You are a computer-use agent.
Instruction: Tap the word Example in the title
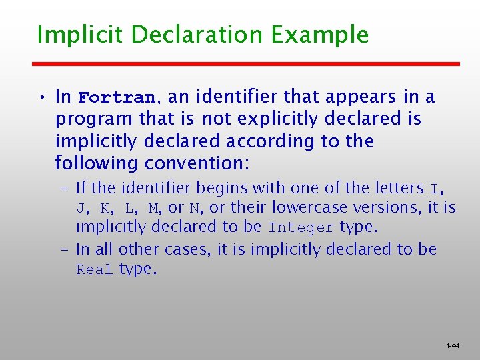(x=327, y=35)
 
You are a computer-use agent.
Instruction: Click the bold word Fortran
(x=117, y=97)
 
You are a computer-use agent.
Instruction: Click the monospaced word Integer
(x=301, y=227)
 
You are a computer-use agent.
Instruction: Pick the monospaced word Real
(x=95, y=270)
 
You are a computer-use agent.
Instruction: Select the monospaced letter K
(x=105, y=208)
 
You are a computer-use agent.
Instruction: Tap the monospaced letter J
(x=81, y=208)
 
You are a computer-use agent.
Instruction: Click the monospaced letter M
(x=153, y=208)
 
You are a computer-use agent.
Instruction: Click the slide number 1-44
(x=453, y=346)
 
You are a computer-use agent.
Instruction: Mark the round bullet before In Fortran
(x=41, y=97)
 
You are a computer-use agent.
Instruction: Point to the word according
(x=265, y=141)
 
